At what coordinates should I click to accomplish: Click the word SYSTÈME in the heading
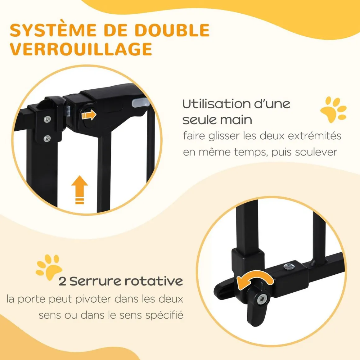pos(53,30)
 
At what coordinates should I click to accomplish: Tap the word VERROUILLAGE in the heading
pos(81,49)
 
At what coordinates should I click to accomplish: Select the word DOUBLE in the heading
pos(172,30)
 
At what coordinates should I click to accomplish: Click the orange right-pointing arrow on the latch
pos(89,115)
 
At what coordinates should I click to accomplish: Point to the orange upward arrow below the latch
pos(79,190)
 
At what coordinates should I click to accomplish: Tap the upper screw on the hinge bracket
pos(47,119)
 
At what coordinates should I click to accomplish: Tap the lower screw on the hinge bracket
pos(47,138)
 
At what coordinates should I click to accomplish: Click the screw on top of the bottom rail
pos(288,267)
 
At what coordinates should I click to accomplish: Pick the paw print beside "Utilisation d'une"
pos(333,109)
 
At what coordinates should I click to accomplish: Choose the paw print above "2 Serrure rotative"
pos(49,267)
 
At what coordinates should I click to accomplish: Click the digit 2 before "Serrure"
pos(62,281)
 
